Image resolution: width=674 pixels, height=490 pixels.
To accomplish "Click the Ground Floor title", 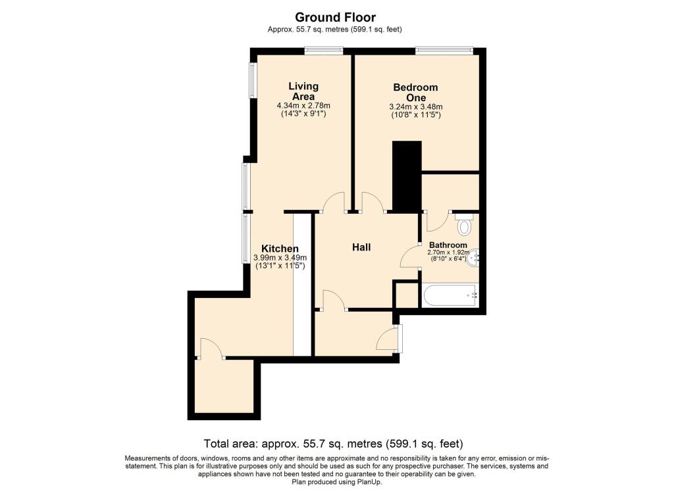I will point(335,17).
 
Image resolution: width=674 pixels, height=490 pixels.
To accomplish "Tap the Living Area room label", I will point(303,91).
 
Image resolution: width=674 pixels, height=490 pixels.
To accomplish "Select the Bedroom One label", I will point(415,92).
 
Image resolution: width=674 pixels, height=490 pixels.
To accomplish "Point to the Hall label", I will point(361,247).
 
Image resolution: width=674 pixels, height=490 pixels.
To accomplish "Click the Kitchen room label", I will point(280,248).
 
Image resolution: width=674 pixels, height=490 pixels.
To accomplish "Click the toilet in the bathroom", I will point(465,225).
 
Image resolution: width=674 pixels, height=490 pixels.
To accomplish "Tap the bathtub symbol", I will point(450,295).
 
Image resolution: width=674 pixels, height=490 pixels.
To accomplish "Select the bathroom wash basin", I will point(474,259).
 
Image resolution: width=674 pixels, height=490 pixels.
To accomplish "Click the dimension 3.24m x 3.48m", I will point(415,107).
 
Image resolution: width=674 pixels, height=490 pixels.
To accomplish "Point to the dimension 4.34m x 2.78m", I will point(303,106).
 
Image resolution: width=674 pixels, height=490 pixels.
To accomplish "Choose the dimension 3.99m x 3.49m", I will point(281,258).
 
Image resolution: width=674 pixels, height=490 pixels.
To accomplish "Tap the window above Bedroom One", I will point(444,50).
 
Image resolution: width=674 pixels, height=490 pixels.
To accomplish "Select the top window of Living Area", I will point(323,50).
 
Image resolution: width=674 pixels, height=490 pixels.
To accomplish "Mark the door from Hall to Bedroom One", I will point(372,203).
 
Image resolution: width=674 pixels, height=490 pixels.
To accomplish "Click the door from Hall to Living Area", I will point(334,203).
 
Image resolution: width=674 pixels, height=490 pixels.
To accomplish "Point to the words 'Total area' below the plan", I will point(226,443).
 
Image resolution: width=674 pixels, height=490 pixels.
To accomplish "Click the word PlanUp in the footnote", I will point(369,481).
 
